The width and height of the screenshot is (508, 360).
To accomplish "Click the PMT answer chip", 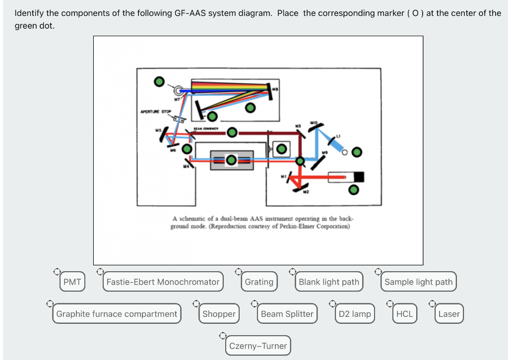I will click(72, 282).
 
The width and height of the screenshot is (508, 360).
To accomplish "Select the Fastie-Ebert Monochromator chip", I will click(163, 282).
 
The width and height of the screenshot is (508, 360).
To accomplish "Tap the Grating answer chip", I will click(259, 282).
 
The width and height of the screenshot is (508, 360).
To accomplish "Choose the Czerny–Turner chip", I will click(258, 346).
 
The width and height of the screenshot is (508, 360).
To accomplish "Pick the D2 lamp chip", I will click(354, 314).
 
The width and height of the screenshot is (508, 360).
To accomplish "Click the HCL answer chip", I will click(404, 314).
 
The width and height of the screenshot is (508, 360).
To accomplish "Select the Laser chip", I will click(449, 314).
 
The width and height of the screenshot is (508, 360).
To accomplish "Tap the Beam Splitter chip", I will click(287, 314).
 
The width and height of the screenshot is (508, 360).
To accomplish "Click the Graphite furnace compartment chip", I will click(117, 314).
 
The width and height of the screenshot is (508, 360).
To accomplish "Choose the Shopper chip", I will click(219, 314).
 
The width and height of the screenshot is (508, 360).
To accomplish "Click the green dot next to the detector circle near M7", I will click(158, 81).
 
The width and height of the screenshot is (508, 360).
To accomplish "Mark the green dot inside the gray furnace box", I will click(231, 160).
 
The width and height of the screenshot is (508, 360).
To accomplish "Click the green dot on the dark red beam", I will click(232, 131).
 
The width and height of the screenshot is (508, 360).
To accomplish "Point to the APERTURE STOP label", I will click(155, 112).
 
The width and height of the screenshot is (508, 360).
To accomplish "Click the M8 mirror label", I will click(275, 89).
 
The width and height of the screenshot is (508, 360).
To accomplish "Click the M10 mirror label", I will click(314, 121).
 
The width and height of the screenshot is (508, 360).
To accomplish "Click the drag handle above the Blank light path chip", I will click(293, 271).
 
